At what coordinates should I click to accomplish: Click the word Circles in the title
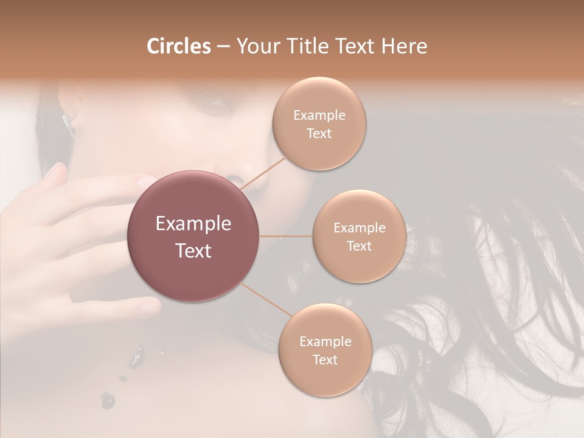(x=179, y=46)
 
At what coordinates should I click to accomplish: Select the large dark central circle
(x=193, y=236)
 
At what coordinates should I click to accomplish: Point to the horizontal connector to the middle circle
(x=286, y=236)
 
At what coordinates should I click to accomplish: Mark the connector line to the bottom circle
(x=265, y=300)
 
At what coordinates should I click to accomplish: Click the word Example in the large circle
(x=193, y=224)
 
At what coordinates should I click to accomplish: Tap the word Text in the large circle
(x=193, y=251)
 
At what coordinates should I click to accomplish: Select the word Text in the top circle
(x=319, y=134)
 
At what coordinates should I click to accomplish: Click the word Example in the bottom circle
(x=325, y=342)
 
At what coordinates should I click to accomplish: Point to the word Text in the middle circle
(x=359, y=246)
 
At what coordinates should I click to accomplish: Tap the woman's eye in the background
(x=216, y=103)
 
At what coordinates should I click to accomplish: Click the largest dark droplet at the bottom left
(x=108, y=400)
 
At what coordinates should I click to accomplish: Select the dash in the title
(x=223, y=47)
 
